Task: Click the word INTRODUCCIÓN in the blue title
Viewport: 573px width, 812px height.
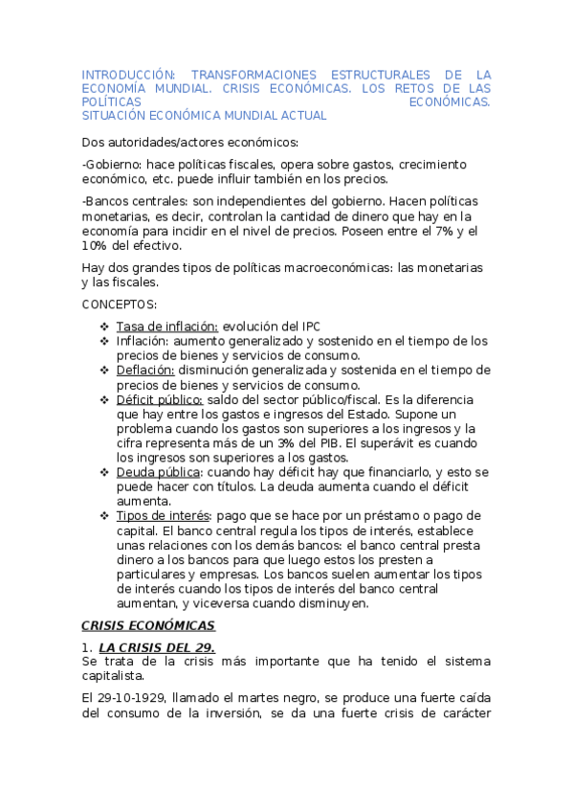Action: coord(128,74)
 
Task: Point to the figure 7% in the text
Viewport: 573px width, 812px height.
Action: coord(452,231)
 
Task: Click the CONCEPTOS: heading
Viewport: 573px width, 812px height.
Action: coord(120,304)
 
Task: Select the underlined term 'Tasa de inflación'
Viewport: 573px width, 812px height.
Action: coord(166,326)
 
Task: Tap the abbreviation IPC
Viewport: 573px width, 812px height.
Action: coord(312,326)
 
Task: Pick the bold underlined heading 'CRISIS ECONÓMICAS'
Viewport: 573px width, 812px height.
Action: coord(148,626)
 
